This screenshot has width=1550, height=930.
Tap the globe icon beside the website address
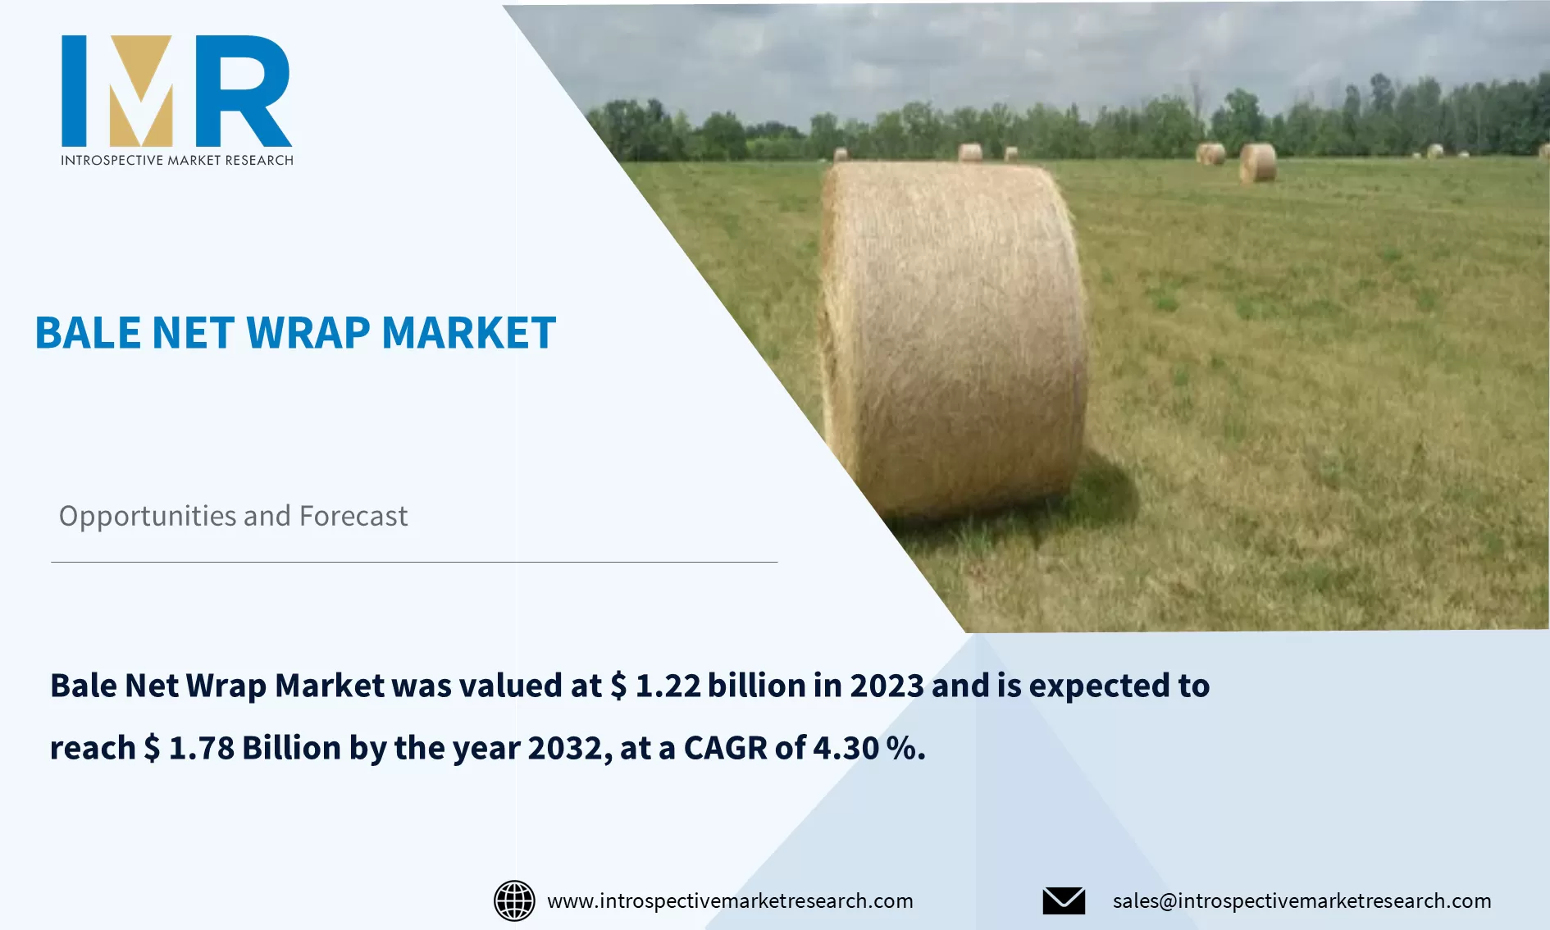coord(514,900)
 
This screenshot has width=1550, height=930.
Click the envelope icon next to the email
coord(1064,900)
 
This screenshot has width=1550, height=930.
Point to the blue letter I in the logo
coord(74,90)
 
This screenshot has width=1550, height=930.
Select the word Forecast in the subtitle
coord(353,516)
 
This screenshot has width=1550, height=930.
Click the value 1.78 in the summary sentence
coord(201,748)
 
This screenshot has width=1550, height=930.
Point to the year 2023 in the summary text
coord(887,686)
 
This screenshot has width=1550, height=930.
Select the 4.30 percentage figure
coord(846,748)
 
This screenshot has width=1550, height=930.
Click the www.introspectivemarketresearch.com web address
coord(730,900)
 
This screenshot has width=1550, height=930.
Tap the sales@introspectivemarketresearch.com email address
coord(1302,900)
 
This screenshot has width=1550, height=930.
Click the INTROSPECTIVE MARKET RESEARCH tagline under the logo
coord(177,160)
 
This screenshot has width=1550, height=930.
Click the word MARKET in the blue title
coord(468,333)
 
